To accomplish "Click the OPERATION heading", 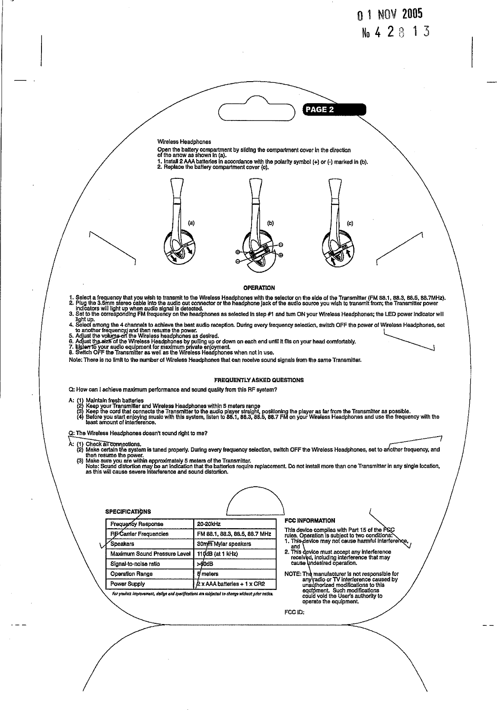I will pos(259,288).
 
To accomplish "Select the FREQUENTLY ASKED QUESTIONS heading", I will pos(259,380).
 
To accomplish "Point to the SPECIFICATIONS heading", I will pos(128,512).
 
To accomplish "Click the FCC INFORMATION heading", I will pos(309,520).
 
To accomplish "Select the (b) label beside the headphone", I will pos(271,223).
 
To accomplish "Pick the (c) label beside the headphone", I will pos(350,223).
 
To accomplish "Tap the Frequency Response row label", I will pos(137,524).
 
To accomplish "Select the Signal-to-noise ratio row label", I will pos(135,564).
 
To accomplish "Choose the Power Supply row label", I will pos(127,583).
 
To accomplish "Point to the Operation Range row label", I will pos(131,574).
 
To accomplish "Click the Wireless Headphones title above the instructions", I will pos(184,142).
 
